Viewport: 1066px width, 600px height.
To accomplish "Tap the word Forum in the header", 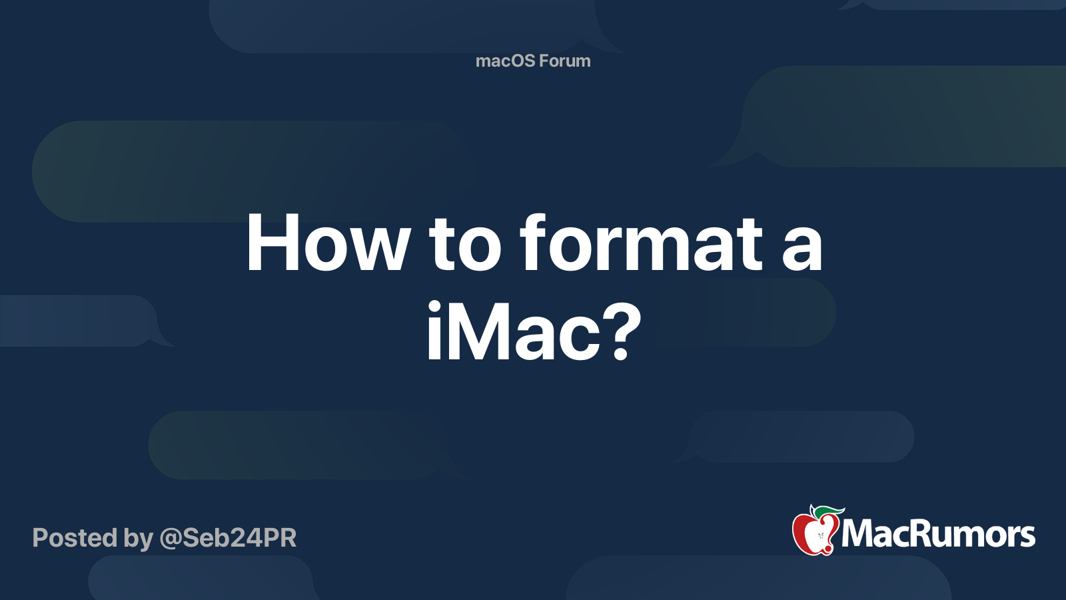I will pyautogui.click(x=564, y=61).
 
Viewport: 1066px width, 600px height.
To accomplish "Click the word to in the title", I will pyautogui.click(x=464, y=245).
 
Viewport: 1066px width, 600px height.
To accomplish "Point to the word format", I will pyautogui.click(x=641, y=244).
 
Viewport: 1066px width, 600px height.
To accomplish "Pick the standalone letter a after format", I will pyautogui.click(x=802, y=250).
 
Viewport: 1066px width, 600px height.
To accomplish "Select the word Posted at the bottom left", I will pyautogui.click(x=75, y=538).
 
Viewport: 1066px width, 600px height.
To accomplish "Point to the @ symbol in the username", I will pyautogui.click(x=170, y=539).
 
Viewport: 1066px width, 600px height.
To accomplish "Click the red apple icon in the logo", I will pyautogui.click(x=814, y=534).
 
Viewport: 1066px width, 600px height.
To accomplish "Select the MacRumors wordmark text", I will pyautogui.click(x=938, y=535).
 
